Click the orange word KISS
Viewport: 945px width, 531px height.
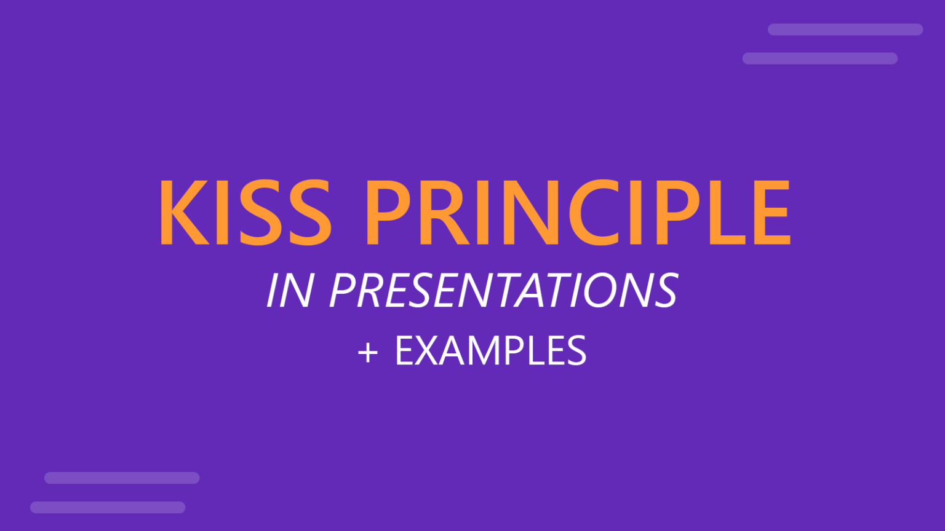(x=245, y=213)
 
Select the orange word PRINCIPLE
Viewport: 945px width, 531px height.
(x=577, y=213)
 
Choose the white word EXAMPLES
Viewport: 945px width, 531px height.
(x=490, y=351)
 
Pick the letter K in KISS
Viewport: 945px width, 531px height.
(x=183, y=213)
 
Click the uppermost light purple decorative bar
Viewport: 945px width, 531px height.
(x=845, y=29)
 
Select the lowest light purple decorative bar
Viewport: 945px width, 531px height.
(x=108, y=507)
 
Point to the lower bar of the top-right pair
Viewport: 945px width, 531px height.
(x=819, y=58)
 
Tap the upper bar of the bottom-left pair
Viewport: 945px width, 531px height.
(x=122, y=478)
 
